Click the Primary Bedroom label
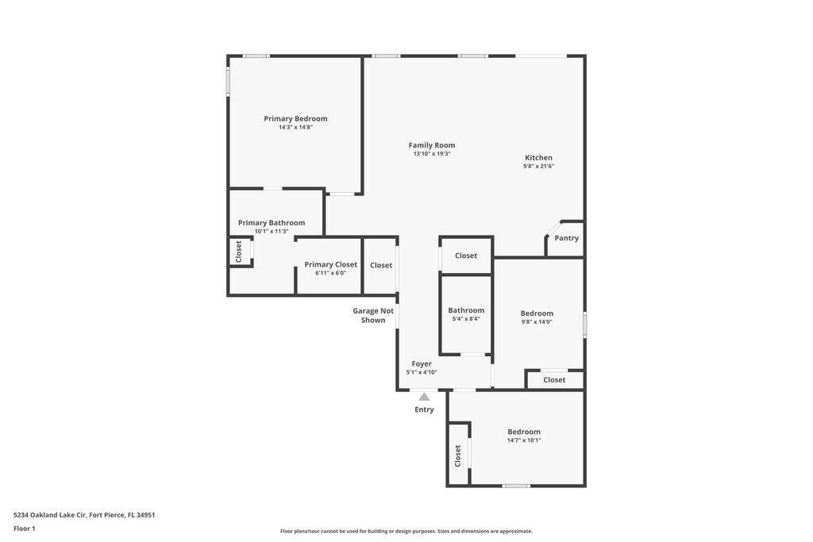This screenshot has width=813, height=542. (295, 119)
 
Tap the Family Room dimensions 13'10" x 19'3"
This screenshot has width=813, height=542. (432, 154)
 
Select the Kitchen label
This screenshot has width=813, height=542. (538, 158)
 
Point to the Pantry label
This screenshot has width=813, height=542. (567, 238)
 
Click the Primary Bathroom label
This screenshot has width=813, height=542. (272, 223)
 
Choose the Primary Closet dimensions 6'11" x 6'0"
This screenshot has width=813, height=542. (330, 273)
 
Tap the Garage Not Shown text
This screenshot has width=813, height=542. (373, 316)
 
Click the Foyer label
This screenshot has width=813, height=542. (422, 364)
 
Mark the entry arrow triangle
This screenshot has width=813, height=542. (424, 397)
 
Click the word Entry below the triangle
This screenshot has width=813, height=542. (424, 409)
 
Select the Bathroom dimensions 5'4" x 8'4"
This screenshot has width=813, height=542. (466, 319)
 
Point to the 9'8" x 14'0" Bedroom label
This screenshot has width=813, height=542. (537, 313)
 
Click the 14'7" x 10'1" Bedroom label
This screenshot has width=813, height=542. (524, 432)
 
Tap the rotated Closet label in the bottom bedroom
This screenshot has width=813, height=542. (458, 456)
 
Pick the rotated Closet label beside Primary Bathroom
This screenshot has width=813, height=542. (238, 252)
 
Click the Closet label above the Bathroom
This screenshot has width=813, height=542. (466, 256)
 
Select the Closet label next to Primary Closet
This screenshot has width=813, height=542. (381, 265)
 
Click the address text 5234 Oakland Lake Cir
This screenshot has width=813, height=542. (84, 515)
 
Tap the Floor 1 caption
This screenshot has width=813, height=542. (25, 529)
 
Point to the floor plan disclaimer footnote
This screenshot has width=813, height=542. (406, 531)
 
